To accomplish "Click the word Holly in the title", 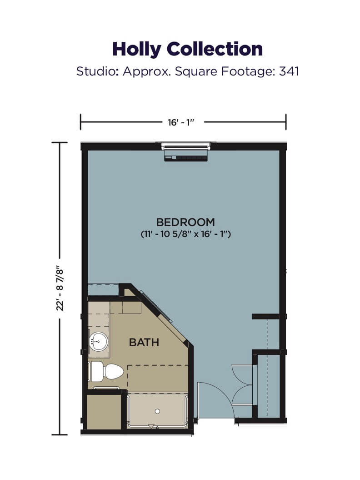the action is [136, 49].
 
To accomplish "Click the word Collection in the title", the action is [215, 49].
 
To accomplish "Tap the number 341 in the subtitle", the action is [289, 71].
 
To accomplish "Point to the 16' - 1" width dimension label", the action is [181, 122].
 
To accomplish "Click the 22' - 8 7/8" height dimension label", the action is [60, 289].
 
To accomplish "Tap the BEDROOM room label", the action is [185, 222].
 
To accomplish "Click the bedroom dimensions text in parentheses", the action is [185, 234].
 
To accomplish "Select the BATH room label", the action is [144, 342].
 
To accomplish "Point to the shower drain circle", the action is [158, 411].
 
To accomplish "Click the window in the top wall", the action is [186, 146].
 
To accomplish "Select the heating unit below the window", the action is [186, 158].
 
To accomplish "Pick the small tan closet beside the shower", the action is [104, 412].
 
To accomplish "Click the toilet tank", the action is [97, 372].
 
